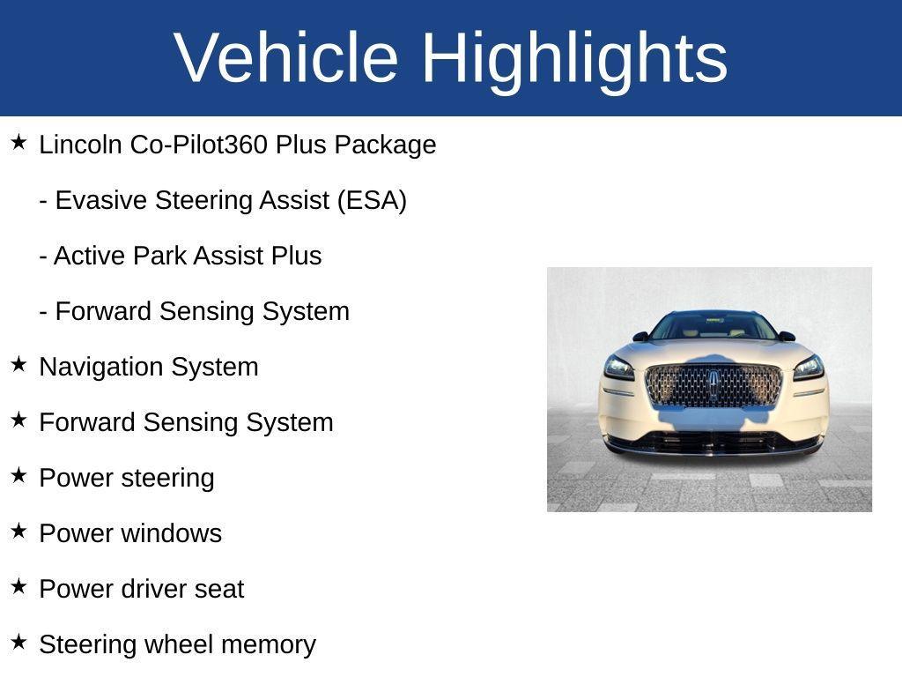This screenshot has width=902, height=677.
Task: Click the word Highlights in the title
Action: click(574, 57)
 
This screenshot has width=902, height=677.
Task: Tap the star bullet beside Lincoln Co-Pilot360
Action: click(18, 142)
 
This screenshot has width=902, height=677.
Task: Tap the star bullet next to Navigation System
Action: click(18, 364)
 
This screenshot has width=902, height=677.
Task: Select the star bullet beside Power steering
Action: click(18, 475)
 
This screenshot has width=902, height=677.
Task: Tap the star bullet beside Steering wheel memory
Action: click(18, 642)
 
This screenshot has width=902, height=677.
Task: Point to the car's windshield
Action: click(713, 327)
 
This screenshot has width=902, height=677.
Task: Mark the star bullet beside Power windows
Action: click(18, 531)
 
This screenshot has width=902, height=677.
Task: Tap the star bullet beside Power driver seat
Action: click(18, 586)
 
